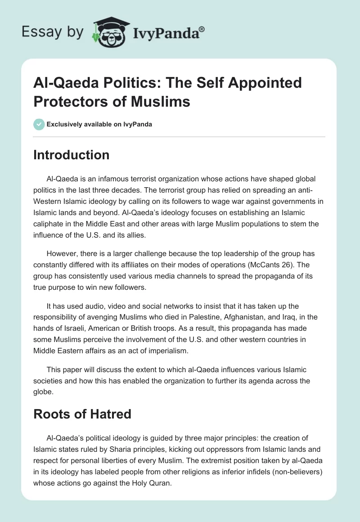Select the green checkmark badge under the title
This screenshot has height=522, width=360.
pos(39,124)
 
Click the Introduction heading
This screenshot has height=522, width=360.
pos(71,155)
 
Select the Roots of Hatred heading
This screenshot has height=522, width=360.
pos(82,414)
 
